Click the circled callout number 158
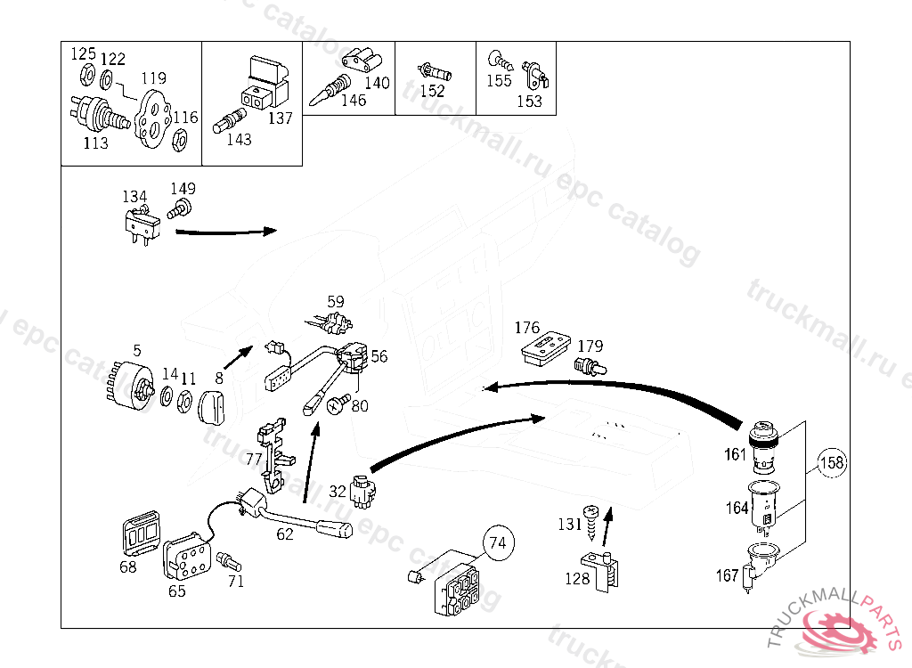tap(831, 463)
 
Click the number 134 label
tap(134, 196)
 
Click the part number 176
tap(527, 328)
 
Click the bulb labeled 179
tap(588, 365)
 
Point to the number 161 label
tap(735, 455)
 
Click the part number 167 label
tap(727, 575)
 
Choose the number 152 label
tap(432, 91)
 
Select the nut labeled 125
tap(87, 74)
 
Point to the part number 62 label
tap(284, 534)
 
